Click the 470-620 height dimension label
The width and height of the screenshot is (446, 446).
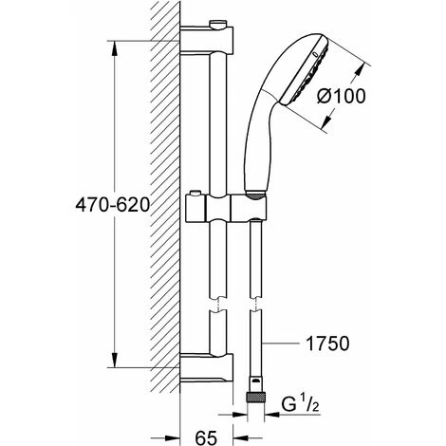(x=112, y=205)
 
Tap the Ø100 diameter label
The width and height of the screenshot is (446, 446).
(x=342, y=96)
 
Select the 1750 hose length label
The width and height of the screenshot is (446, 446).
(x=327, y=344)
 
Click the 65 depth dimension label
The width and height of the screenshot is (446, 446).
(x=206, y=437)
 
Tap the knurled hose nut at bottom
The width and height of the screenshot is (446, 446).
(x=256, y=398)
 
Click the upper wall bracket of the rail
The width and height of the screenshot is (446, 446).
(x=207, y=39)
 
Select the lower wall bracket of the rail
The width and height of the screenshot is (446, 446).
(x=207, y=367)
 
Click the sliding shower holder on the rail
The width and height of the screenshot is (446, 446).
(x=226, y=208)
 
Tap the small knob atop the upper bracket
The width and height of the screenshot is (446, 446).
(x=218, y=24)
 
